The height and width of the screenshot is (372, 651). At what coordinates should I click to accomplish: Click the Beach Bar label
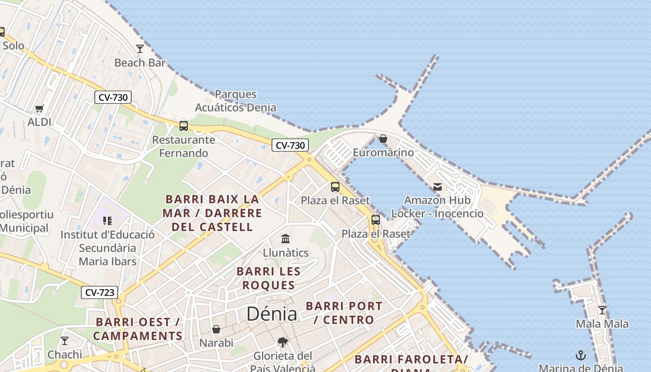tap(140, 62)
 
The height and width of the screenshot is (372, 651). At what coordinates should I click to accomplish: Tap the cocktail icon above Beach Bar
tap(140, 48)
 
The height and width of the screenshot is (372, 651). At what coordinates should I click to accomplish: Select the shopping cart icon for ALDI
tap(40, 108)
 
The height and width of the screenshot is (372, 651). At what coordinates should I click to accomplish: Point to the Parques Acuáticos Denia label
tap(235, 101)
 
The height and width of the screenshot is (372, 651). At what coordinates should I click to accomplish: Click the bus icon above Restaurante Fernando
tap(184, 126)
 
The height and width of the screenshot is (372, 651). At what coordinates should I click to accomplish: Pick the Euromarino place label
tap(383, 153)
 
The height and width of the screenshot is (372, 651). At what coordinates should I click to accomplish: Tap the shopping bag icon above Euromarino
tap(383, 139)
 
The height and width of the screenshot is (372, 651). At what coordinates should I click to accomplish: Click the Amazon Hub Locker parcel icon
tap(438, 187)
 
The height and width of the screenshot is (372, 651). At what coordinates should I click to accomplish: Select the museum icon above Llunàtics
tap(286, 239)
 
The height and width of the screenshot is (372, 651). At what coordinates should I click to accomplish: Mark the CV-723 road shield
tap(100, 292)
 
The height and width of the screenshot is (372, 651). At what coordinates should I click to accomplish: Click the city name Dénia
tap(272, 314)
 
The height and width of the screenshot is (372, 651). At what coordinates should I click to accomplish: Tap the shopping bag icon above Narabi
tap(216, 329)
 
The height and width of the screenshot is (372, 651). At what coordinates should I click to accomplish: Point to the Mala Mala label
tap(602, 324)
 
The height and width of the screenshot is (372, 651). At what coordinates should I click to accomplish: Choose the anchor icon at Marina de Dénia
tap(581, 356)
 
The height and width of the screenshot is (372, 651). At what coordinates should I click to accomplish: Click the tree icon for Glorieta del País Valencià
tap(282, 343)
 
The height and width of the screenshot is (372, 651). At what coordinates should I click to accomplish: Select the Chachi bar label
tap(65, 355)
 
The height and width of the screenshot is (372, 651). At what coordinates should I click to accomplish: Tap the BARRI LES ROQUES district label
tap(269, 278)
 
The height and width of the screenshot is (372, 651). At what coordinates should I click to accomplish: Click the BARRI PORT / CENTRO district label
tap(344, 313)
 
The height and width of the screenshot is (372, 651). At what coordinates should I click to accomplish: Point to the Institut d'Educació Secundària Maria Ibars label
tap(107, 248)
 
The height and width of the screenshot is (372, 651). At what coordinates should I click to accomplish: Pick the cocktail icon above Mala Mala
tap(602, 310)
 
